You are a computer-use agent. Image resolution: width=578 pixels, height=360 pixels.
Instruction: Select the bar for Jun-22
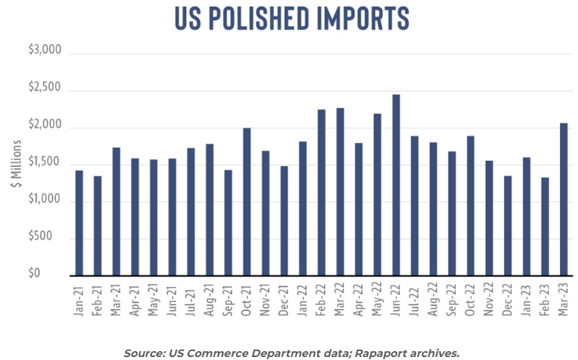(x=396, y=186)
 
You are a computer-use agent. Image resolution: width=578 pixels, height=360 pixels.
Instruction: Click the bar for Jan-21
(x=79, y=224)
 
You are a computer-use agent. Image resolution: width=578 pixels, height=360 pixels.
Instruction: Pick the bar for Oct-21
(x=247, y=202)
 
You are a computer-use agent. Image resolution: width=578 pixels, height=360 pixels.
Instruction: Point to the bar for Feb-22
(x=322, y=193)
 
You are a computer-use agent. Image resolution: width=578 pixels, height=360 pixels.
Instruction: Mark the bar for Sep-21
(x=228, y=223)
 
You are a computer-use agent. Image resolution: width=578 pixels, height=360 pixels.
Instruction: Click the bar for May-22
(x=378, y=195)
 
